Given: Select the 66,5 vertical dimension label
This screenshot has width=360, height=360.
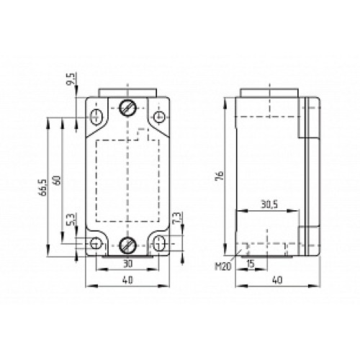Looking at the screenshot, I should [43, 186].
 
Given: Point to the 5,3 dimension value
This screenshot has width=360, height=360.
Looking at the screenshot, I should [71, 219].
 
